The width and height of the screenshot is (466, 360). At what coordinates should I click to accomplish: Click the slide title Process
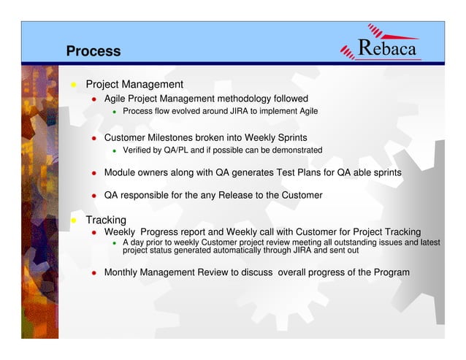coord(93,51)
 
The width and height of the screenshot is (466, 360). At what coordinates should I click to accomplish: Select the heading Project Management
coord(134,84)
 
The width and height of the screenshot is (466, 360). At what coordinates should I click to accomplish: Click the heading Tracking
coord(106,220)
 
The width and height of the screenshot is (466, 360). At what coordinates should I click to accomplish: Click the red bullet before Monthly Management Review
coord(94,273)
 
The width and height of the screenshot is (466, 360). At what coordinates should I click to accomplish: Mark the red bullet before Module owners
coord(94,174)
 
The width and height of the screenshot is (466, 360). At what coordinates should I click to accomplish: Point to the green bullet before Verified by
coord(114,151)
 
